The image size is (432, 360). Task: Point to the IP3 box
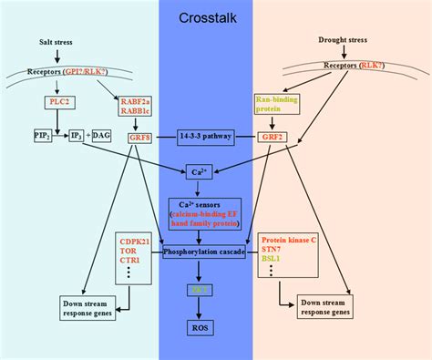[x=77, y=136]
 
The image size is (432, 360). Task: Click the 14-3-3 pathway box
[x=216, y=137]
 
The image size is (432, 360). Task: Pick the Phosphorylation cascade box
[x=216, y=253]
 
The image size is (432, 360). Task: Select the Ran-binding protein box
[x=271, y=105]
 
